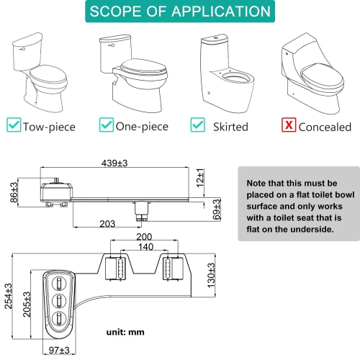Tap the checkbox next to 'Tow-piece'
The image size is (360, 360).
click(13, 126)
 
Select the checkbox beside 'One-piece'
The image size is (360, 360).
click(105, 126)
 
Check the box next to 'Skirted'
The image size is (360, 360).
click(197, 126)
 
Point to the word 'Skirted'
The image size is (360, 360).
click(230, 127)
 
